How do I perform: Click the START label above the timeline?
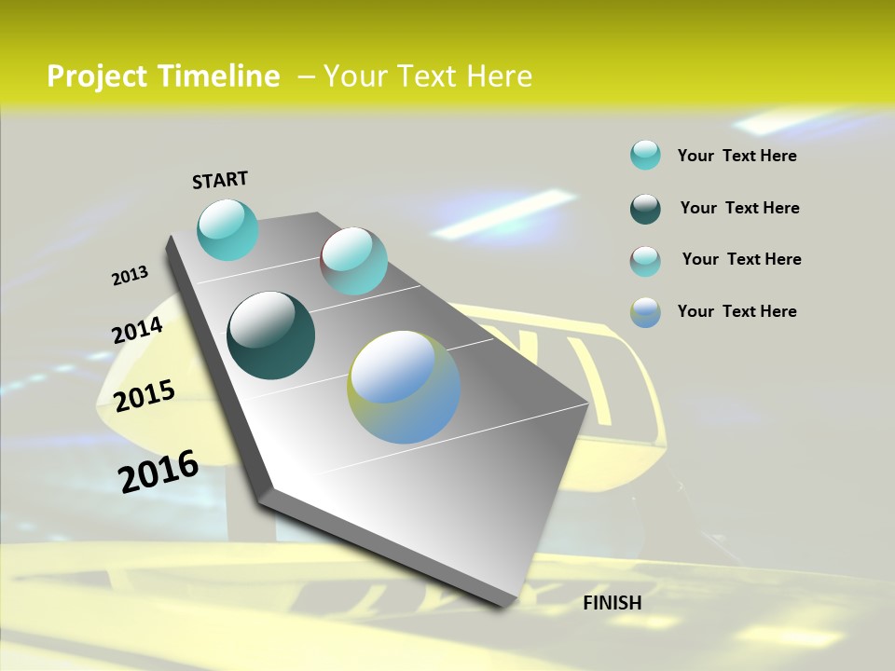pyautogui.click(x=220, y=179)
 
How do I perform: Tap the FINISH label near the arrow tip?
pyautogui.click(x=612, y=603)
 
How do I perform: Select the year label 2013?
pyautogui.click(x=130, y=276)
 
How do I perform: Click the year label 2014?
pyautogui.click(x=137, y=330)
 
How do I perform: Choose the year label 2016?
pyautogui.click(x=158, y=472)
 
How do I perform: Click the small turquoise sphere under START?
pyautogui.click(x=227, y=229)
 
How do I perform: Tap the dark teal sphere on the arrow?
pyautogui.click(x=270, y=335)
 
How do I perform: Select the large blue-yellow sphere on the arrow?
pyautogui.click(x=404, y=387)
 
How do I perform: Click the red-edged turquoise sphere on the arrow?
pyautogui.click(x=353, y=261)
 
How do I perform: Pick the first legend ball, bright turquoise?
pyautogui.click(x=645, y=156)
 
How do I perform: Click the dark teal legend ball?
pyautogui.click(x=645, y=209)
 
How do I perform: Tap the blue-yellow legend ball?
pyautogui.click(x=645, y=312)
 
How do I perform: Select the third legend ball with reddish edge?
pyautogui.click(x=645, y=261)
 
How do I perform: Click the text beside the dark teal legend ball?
pyautogui.click(x=739, y=208)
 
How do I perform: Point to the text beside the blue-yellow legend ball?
pyautogui.click(x=737, y=311)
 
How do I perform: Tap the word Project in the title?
pyautogui.click(x=98, y=76)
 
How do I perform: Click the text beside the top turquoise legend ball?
pyautogui.click(x=737, y=156)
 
